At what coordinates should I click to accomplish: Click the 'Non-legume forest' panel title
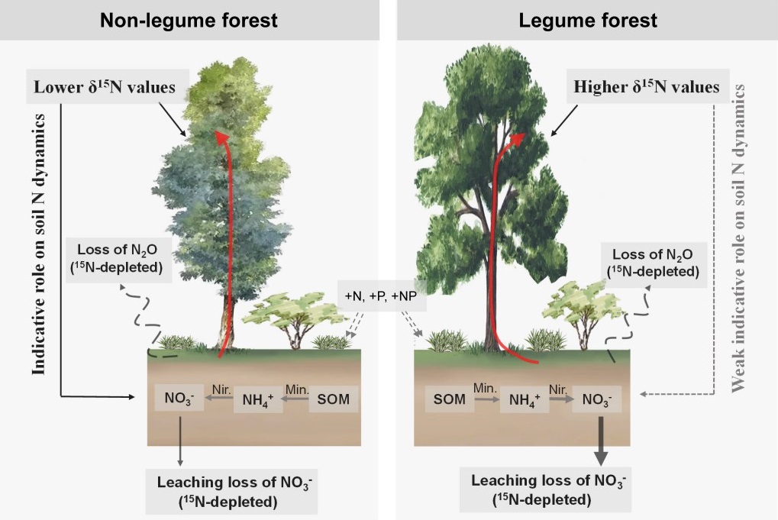(x=189, y=20)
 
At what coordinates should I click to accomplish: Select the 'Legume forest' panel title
(x=587, y=20)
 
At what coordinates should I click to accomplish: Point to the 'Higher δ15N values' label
(x=646, y=88)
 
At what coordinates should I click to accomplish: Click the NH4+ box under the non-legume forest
(x=258, y=399)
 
